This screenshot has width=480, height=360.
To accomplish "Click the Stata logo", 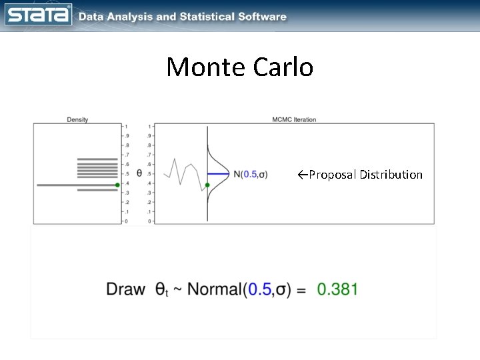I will [38, 15].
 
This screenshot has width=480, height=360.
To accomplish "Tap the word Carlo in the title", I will [284, 67].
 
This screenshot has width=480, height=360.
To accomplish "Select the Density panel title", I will [77, 120].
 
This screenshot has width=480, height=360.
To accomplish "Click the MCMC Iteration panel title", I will [294, 120].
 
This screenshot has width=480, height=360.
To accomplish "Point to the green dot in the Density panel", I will [117, 185].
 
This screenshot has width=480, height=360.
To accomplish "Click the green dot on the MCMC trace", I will [208, 185].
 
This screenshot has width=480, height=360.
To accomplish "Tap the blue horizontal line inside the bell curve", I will [218, 174].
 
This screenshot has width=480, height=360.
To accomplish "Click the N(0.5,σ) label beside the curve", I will [251, 174].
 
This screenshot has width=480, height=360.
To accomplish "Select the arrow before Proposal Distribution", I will [302, 175].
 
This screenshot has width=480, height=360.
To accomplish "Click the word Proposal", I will [331, 175].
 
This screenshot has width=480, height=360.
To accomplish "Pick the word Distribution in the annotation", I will [391, 175].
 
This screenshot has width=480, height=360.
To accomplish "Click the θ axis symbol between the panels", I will [139, 173].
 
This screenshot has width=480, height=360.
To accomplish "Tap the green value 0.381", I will [337, 289].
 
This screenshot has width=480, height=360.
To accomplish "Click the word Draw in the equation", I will [125, 289].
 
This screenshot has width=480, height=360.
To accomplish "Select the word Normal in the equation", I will [215, 289].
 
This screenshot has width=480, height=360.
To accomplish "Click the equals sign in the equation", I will [301, 290].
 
